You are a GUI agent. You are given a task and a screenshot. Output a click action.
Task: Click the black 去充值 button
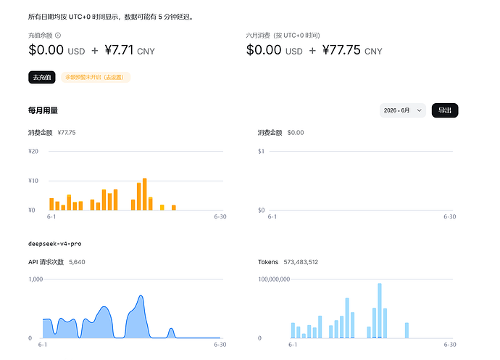(x=42, y=78)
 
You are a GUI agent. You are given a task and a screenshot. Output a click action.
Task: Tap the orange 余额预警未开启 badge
(x=96, y=78)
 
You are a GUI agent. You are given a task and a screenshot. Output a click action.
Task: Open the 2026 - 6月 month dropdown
(x=402, y=110)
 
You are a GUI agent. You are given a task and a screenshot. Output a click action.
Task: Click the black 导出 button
(x=445, y=110)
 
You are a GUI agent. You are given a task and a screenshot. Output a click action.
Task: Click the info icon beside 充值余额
(x=58, y=36)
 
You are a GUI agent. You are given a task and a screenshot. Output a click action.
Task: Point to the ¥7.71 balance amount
(x=119, y=50)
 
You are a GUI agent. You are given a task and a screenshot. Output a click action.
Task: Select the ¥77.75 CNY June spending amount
(x=352, y=50)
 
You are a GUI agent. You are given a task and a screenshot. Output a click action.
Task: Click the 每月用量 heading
(x=43, y=110)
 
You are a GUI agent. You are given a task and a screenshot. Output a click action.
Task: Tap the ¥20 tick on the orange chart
(x=33, y=151)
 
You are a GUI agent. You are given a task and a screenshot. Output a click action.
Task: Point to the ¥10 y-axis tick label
(x=33, y=181)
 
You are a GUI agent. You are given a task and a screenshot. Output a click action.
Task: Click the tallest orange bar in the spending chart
(x=145, y=195)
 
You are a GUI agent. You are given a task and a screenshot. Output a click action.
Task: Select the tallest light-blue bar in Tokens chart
(x=380, y=311)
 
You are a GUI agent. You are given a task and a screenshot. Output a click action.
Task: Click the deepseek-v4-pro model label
(x=55, y=244)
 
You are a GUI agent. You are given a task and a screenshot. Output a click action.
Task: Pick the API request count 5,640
(x=77, y=262)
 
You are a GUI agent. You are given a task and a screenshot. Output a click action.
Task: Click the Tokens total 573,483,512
(x=301, y=262)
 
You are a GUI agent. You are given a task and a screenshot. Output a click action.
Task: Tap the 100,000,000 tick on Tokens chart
(x=274, y=279)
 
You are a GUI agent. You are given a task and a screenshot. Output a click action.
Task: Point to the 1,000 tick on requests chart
(x=36, y=279)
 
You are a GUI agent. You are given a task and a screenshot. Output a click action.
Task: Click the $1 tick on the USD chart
(x=261, y=151)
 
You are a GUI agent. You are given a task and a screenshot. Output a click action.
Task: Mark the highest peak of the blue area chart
(x=141, y=296)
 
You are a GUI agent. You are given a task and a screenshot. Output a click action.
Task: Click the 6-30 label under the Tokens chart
(x=450, y=344)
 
